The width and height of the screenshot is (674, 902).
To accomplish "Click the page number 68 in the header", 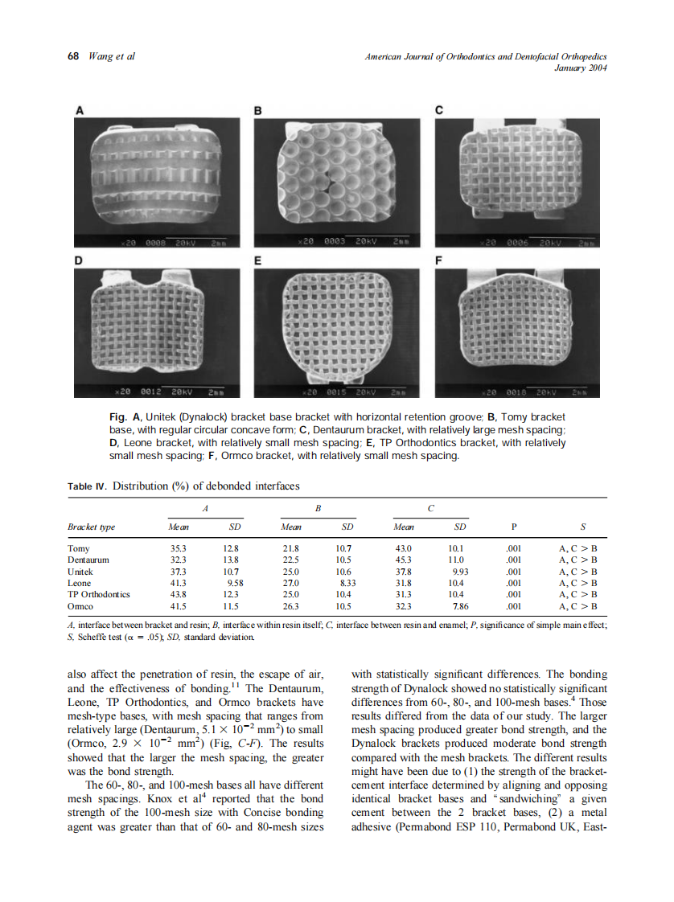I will point(72,56).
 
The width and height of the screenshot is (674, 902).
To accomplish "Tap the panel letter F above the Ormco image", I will point(438,261).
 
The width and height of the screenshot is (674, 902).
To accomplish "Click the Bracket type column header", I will point(91,527).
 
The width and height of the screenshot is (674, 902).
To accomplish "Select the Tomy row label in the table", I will point(79,548).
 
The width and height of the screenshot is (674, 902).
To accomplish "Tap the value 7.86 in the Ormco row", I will point(460,605).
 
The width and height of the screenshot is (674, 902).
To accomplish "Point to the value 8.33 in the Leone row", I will point(347,583).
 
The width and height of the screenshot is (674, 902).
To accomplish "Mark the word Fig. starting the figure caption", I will point(117,417).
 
